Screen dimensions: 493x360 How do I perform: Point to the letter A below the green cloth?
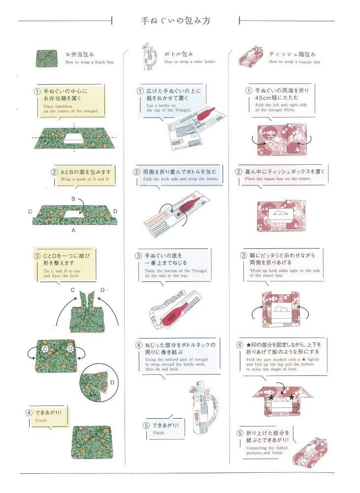click(73, 230)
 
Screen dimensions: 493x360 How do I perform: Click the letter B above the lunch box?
click(73, 199)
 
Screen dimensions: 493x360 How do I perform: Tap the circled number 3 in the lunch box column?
click(36, 256)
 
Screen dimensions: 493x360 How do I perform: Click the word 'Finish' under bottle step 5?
click(159, 433)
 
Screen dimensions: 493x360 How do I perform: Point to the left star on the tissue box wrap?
click(271, 396)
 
